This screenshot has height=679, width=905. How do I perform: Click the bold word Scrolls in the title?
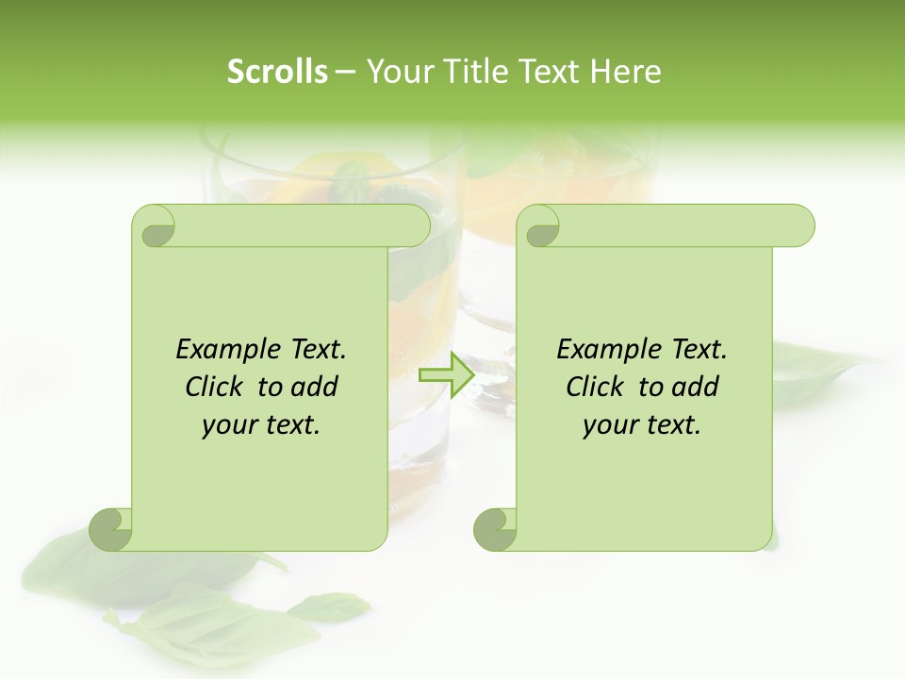click(277, 72)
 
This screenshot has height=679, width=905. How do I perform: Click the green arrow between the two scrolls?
click(445, 375)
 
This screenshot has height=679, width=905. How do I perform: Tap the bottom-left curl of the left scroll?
click(111, 528)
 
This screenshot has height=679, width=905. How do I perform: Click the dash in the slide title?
click(346, 72)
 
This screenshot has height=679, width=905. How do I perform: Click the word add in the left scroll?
click(314, 387)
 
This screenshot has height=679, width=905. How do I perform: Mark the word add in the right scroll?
click(695, 387)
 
